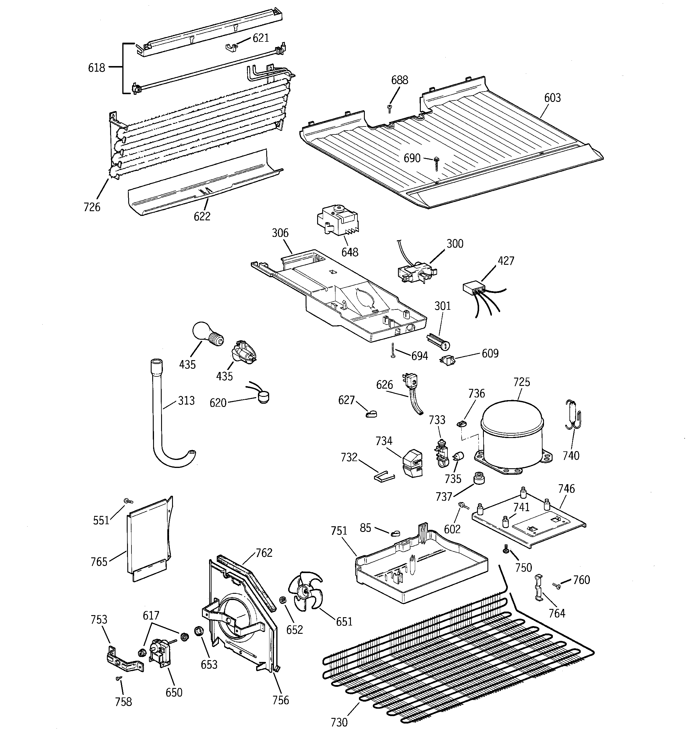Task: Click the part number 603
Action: coord(552,98)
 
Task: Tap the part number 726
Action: coord(92,207)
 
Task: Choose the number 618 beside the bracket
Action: coord(97,68)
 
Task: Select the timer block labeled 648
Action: coord(337,220)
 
